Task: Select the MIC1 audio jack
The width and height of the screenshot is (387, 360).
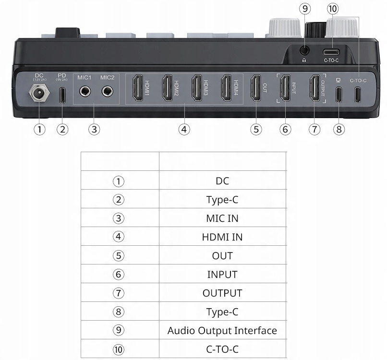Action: [85, 90]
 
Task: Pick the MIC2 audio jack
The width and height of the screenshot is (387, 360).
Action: [108, 90]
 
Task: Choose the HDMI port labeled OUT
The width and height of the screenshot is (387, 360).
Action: [255, 88]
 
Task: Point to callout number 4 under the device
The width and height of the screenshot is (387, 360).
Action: [184, 129]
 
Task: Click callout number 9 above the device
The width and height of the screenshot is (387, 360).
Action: [304, 9]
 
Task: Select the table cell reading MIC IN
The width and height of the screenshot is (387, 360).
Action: [222, 218]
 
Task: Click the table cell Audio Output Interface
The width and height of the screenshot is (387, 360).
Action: [222, 330]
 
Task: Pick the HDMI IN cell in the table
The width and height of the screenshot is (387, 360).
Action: [222, 237]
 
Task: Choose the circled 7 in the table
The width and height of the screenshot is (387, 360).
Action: [119, 293]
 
